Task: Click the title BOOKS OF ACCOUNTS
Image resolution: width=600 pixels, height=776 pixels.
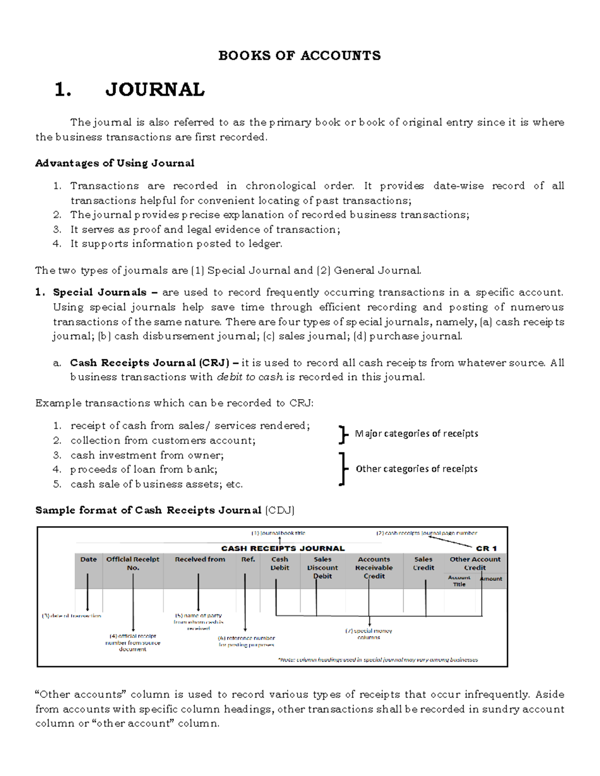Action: click(299, 55)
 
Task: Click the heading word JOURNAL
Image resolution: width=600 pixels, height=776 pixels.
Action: click(154, 90)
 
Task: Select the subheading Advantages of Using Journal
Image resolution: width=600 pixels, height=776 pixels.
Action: click(114, 163)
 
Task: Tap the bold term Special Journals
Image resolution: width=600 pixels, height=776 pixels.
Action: click(99, 292)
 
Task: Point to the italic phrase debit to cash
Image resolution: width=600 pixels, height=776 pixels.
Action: click(249, 377)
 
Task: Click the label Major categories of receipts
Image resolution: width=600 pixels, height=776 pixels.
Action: click(416, 434)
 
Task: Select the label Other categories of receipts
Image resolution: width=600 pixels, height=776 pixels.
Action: click(416, 469)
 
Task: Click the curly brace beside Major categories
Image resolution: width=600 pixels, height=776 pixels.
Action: click(342, 434)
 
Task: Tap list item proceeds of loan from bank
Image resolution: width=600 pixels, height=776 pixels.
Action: click(143, 469)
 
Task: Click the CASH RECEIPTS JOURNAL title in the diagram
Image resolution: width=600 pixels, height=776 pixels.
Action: click(283, 548)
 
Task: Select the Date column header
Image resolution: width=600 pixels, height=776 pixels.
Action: click(88, 560)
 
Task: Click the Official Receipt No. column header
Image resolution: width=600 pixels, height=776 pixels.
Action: click(132, 564)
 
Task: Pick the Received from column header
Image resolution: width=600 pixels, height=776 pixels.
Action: click(199, 560)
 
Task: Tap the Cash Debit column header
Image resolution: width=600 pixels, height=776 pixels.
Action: click(279, 564)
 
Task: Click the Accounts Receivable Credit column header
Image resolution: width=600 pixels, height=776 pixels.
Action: click(373, 568)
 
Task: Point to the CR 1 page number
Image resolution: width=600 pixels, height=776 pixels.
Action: click(486, 548)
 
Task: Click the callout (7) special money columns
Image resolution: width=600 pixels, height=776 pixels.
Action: click(368, 634)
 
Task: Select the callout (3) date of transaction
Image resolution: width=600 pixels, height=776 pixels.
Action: click(71, 616)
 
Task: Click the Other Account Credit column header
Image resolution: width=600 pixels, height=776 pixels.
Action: click(474, 564)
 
